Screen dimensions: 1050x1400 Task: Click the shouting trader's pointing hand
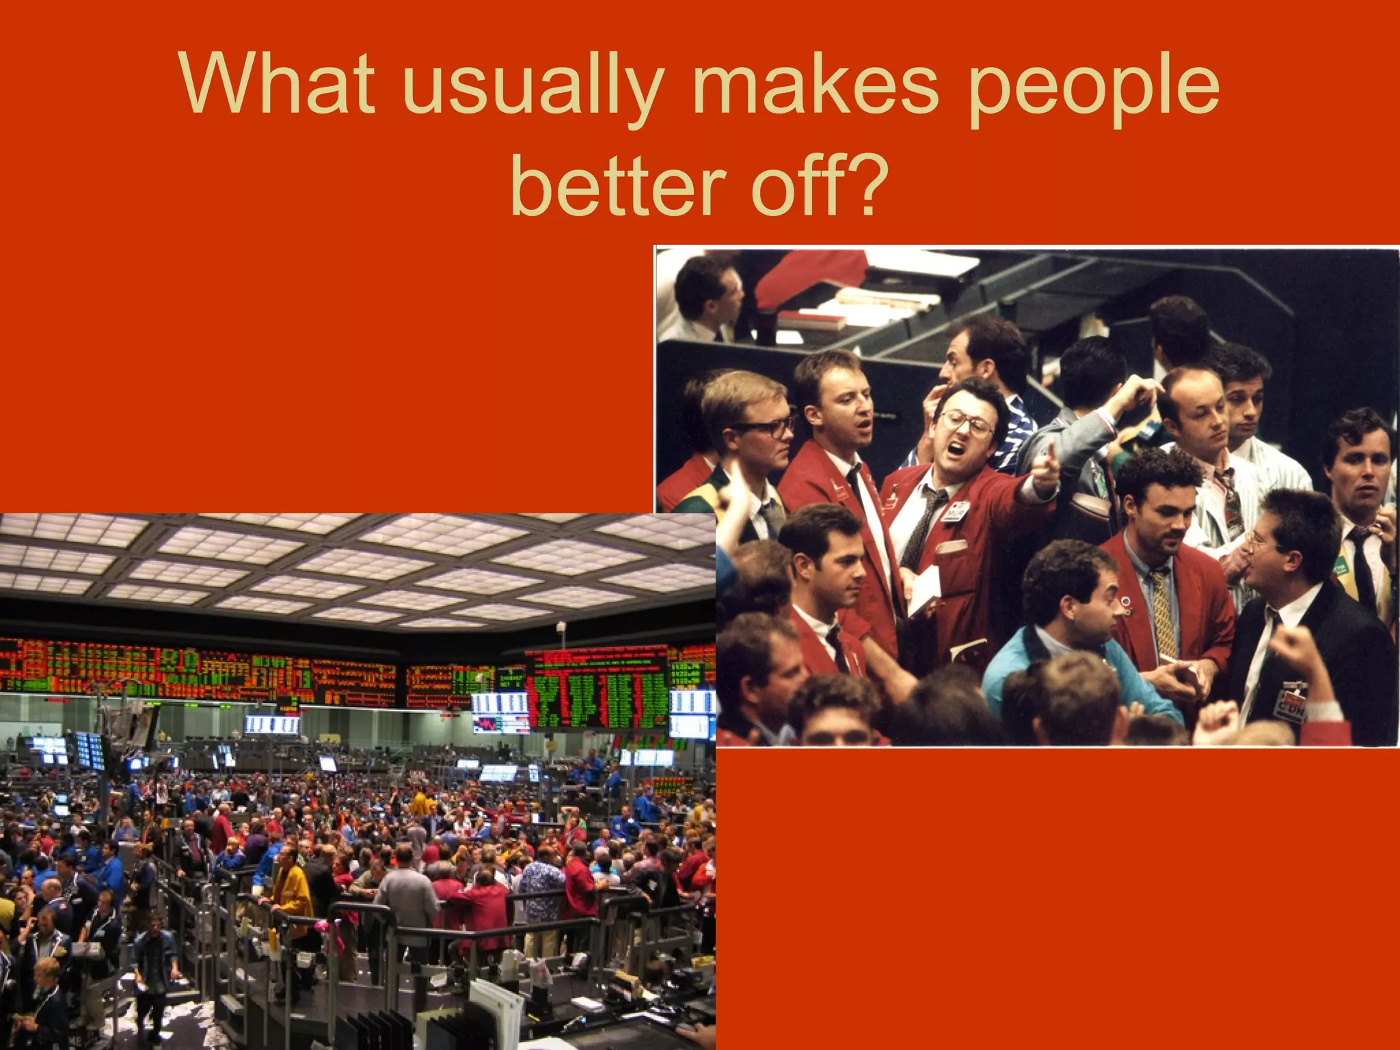click(1045, 472)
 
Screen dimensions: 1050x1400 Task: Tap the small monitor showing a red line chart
click(500, 724)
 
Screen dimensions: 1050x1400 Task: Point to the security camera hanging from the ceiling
click(561, 628)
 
